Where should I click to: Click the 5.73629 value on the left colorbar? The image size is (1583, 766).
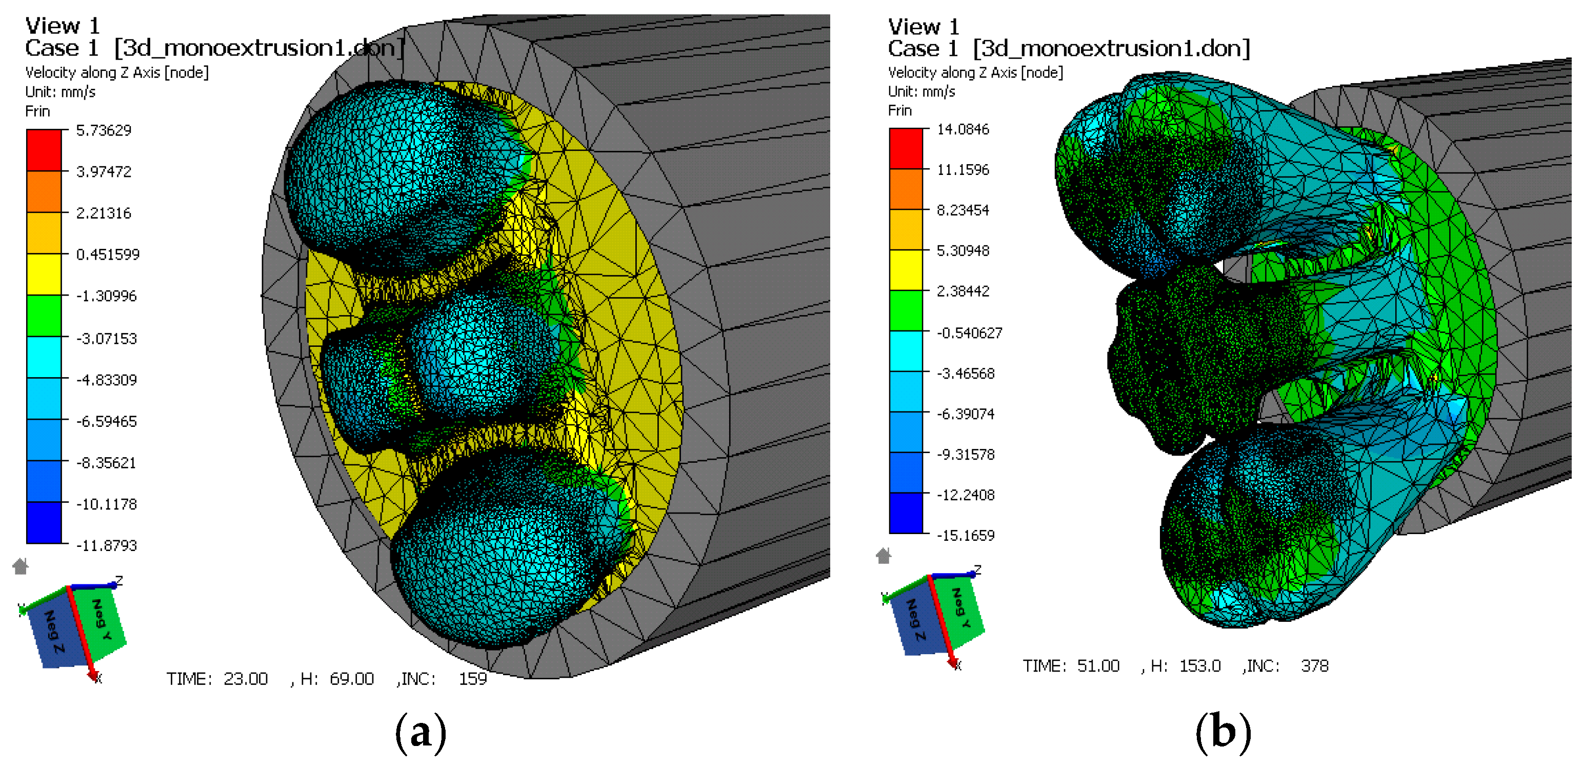click(x=103, y=130)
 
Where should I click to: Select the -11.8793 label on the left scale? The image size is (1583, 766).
click(x=106, y=545)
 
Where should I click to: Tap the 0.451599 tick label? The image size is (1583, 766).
click(x=108, y=254)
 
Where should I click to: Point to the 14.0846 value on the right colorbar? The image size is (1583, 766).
click(x=963, y=129)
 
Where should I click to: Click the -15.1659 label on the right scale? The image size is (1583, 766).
click(x=966, y=536)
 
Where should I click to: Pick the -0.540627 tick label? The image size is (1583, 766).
click(x=969, y=332)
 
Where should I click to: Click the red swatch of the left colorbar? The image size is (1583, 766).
click(x=44, y=150)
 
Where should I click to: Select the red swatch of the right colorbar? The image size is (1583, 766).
click(x=906, y=148)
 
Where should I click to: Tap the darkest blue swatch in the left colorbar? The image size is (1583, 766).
click(x=44, y=522)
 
